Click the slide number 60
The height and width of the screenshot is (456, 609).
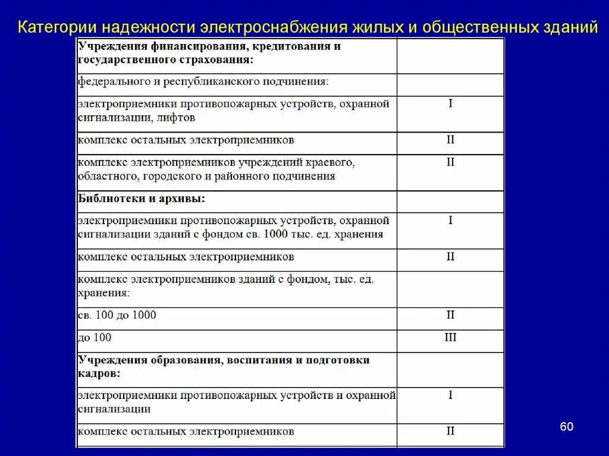pos(566,427)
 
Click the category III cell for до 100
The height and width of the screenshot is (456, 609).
pos(450,338)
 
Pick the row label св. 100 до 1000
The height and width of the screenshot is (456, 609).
pos(117,315)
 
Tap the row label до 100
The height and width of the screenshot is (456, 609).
pos(95,338)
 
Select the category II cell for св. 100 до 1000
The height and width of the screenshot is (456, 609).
pos(450,315)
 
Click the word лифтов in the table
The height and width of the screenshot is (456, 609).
pos(177,118)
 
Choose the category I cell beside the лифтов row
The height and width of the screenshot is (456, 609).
pos(450,104)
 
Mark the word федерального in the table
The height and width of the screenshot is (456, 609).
pos(114,81)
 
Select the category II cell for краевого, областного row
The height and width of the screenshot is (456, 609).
pos(450,162)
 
